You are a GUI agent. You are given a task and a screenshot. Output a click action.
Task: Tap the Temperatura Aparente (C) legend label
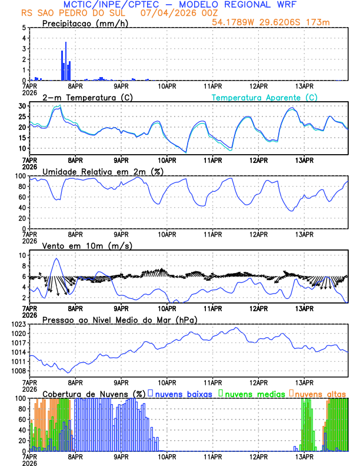(x=265, y=97)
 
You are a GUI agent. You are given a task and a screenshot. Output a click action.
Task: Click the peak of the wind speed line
(x=56, y=258)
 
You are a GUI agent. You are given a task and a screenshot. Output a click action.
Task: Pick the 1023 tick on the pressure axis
(x=18, y=324)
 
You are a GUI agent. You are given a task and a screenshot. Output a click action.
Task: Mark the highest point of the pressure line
(x=236, y=328)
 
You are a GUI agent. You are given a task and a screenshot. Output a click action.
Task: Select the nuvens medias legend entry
(x=252, y=392)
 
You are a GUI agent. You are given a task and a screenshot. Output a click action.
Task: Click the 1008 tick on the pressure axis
(x=18, y=371)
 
